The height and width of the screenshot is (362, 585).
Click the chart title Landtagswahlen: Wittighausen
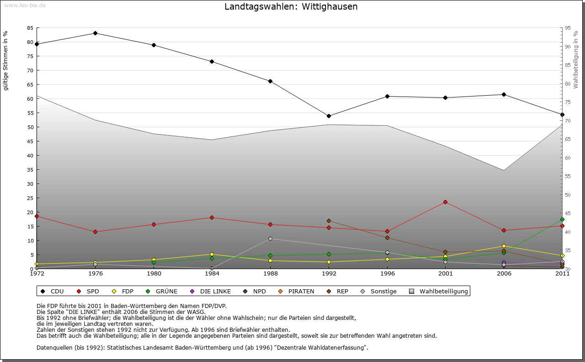tap(291, 7)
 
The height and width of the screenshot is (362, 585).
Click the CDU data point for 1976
tap(95, 33)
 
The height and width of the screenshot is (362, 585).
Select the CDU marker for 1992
tap(329, 116)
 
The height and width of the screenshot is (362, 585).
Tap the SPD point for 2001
tap(445, 202)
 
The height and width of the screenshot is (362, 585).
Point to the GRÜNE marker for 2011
tap(562, 220)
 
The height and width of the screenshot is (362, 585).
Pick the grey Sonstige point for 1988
tap(270, 238)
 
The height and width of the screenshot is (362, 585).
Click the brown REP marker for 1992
tap(329, 221)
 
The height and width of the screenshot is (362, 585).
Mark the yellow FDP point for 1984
tap(212, 254)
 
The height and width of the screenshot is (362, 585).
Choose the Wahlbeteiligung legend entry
tap(439, 291)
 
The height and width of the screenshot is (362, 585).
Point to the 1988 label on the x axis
tap(270, 274)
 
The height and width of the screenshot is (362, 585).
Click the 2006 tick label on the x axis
tap(504, 274)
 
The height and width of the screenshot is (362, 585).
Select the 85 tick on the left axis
tap(30, 28)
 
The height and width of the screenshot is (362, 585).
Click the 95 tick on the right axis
tap(568, 28)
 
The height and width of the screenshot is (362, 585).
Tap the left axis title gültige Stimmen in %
tap(6, 61)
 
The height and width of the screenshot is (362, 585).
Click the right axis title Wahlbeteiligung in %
tap(576, 59)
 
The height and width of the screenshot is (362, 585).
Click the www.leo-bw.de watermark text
tap(25, 5)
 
